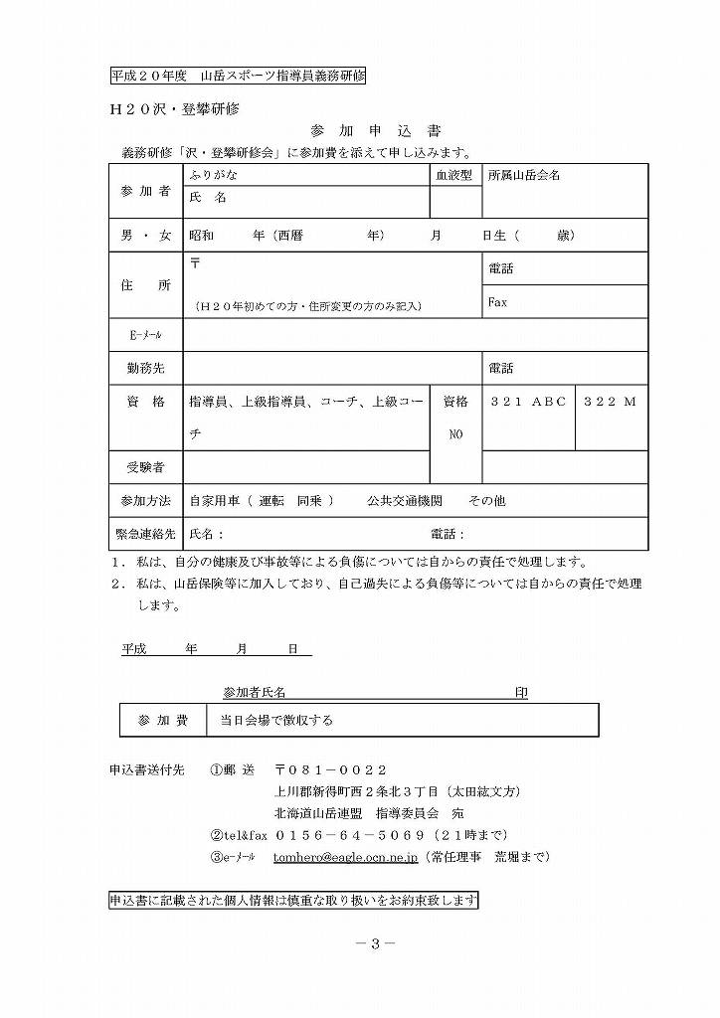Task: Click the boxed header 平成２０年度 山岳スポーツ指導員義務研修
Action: [x=238, y=76]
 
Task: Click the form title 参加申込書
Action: [x=376, y=131]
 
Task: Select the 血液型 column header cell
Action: [x=455, y=175]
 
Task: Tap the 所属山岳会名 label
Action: [x=524, y=175]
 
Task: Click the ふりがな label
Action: [x=213, y=175]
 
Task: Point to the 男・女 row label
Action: [x=145, y=236]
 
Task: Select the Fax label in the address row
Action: [x=497, y=302]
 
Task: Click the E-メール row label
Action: [x=145, y=335]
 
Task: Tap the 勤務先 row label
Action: [x=145, y=369]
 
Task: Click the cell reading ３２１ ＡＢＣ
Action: [x=528, y=402]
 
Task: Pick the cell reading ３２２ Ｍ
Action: [x=610, y=402]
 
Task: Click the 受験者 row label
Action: [x=145, y=466]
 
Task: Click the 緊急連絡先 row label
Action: [x=145, y=534]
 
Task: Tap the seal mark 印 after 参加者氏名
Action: [x=520, y=692]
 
